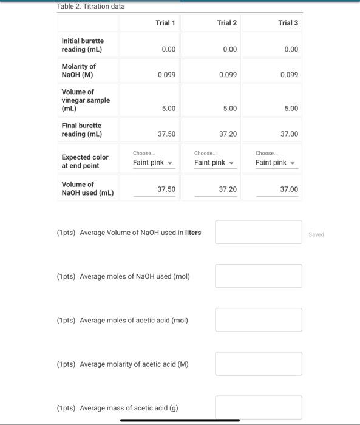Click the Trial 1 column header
[x=165, y=23]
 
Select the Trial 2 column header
[x=226, y=23]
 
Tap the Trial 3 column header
[x=288, y=23]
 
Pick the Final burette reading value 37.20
[x=228, y=134]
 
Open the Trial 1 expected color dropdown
[x=154, y=163]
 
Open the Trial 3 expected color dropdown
[x=276, y=163]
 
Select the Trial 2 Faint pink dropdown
[x=215, y=163]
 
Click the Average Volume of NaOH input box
[x=258, y=232]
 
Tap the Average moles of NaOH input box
[x=258, y=276]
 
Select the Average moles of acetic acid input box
[x=258, y=320]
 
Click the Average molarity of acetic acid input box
[x=258, y=364]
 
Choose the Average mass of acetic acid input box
[x=258, y=407]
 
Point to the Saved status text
[x=317, y=234]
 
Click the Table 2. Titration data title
[x=90, y=6]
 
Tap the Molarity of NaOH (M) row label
[x=79, y=70]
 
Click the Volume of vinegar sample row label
[x=86, y=100]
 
